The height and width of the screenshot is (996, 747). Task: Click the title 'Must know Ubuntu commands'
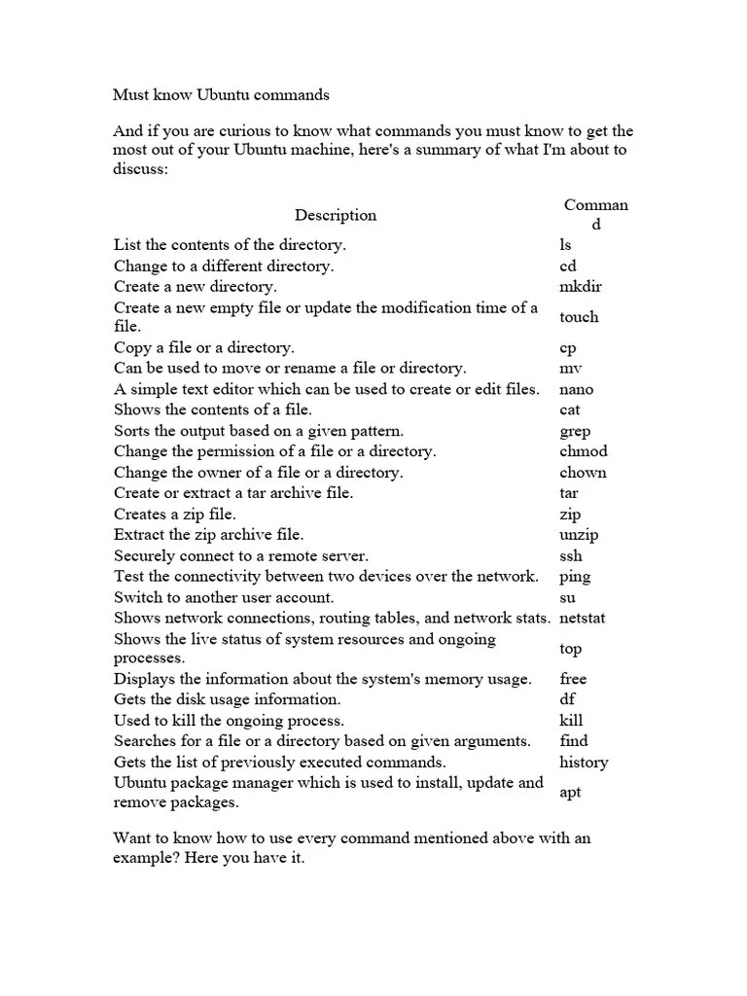point(221,95)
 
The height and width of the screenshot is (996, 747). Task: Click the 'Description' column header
point(336,215)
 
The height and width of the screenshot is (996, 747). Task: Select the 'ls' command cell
point(566,245)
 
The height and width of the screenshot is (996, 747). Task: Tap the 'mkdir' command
point(581,287)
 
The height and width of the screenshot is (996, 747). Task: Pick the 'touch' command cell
point(579,317)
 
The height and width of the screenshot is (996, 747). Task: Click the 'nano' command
point(576,390)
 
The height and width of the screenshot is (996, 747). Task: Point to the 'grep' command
point(575,432)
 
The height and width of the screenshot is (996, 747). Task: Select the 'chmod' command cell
point(583,452)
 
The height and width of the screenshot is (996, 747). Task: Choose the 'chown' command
point(583,473)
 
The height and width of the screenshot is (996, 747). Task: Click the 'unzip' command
point(579,535)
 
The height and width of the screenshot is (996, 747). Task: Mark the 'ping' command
point(575,577)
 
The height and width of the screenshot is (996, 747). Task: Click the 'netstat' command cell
point(583,618)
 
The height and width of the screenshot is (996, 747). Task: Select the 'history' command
point(584,763)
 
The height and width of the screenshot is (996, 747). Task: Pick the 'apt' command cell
point(570,793)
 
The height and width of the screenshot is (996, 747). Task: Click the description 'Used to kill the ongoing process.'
point(229,721)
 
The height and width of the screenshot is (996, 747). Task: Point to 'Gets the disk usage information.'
point(227,699)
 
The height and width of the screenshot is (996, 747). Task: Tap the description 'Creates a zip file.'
point(175,514)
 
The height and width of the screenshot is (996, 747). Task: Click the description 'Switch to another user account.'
point(224,597)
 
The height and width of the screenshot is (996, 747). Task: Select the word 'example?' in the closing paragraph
point(146,860)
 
